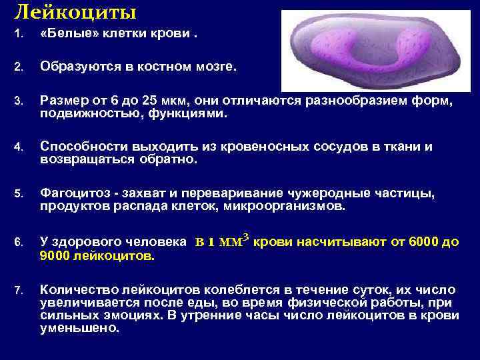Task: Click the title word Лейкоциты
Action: [75, 11]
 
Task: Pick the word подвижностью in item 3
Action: [81, 113]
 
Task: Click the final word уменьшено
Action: [79, 328]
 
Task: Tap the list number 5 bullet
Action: [19, 195]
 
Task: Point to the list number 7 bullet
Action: [19, 290]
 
